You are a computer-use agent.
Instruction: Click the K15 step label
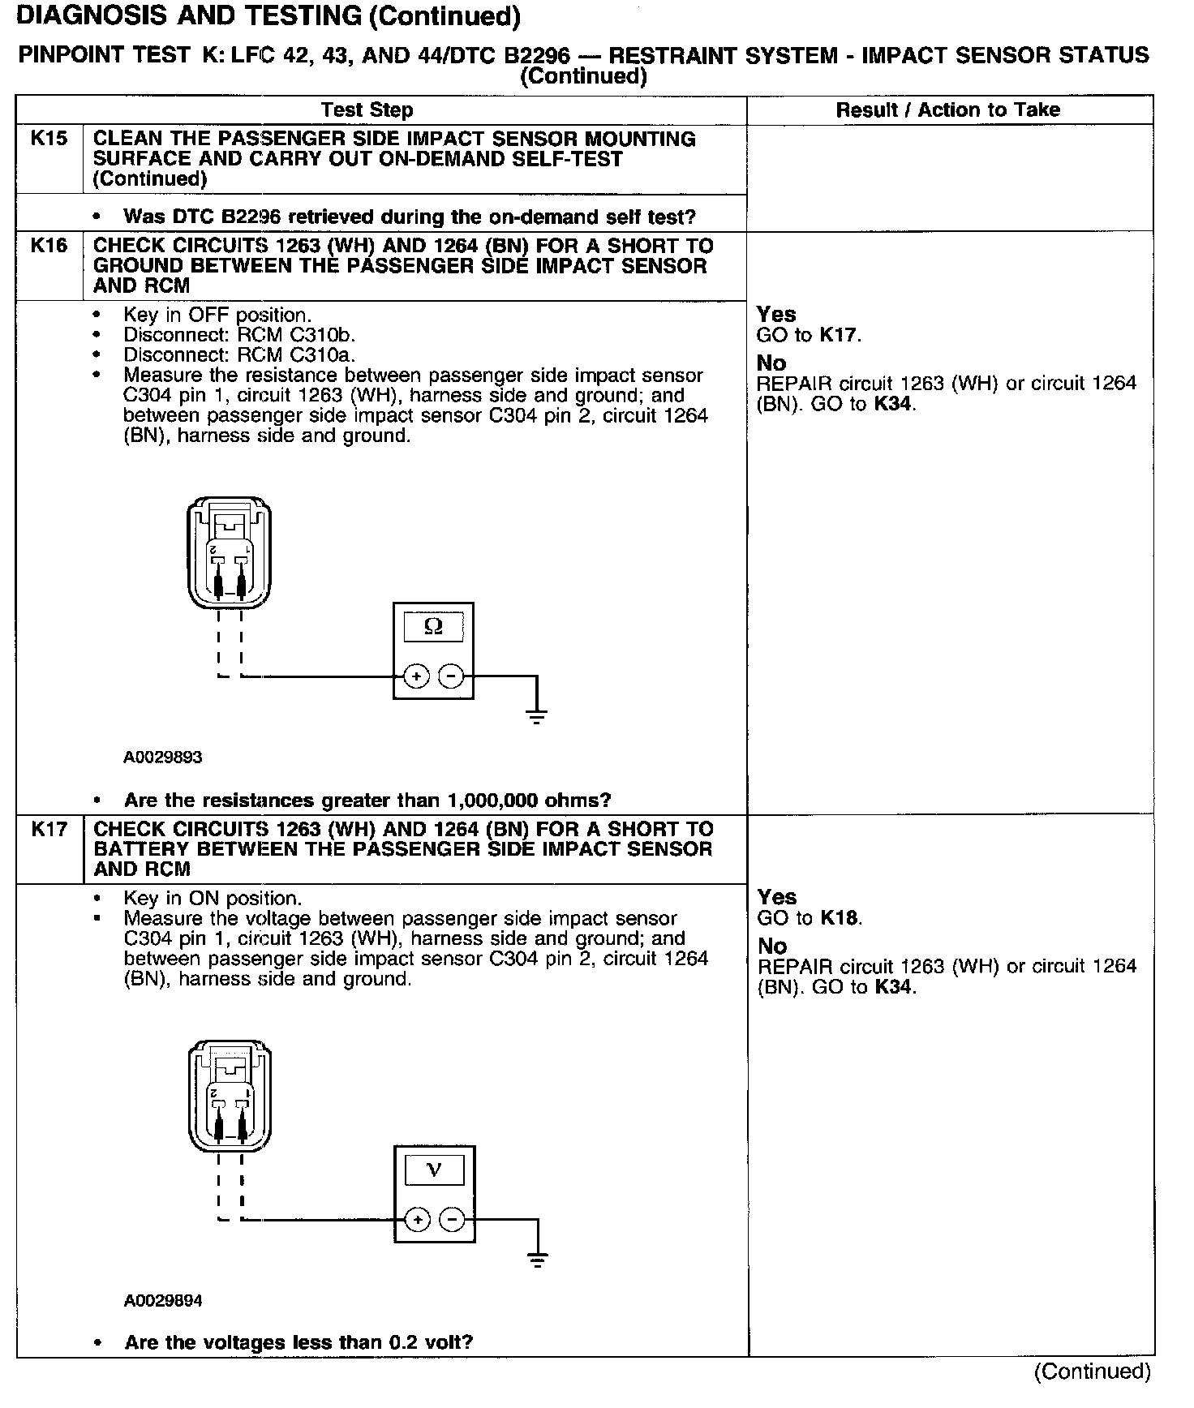tap(49, 139)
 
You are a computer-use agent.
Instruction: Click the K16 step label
tap(49, 245)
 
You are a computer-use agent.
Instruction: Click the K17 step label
tap(49, 828)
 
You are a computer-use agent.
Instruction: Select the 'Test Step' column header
tap(367, 109)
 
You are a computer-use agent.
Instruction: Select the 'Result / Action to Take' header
tap(947, 109)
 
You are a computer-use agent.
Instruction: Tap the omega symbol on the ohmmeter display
tap(434, 626)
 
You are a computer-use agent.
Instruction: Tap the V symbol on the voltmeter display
tap(434, 1170)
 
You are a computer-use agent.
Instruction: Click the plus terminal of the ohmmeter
tap(416, 676)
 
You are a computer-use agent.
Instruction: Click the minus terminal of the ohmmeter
tap(452, 676)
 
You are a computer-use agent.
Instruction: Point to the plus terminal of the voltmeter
tap(417, 1219)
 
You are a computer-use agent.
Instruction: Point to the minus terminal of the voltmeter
tap(453, 1219)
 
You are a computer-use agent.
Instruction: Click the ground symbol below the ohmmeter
tap(536, 715)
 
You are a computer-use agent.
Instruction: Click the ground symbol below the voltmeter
tap(537, 1259)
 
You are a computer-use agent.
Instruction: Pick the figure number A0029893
tap(162, 758)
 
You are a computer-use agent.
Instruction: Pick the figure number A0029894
tap(162, 1301)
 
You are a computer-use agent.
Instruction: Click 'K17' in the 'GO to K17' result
tap(839, 334)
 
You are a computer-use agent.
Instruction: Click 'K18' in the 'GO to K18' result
tap(840, 917)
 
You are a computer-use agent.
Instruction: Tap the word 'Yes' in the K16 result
tap(776, 314)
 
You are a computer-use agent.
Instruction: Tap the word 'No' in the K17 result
tap(771, 946)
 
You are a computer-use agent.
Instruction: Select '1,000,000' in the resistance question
tap(495, 801)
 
